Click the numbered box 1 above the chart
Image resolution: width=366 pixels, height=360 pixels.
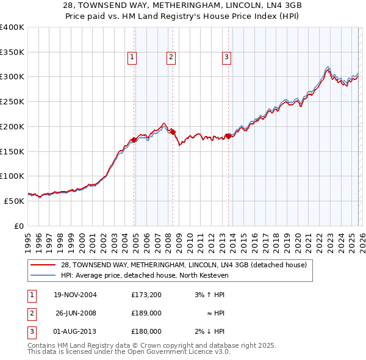[x=132, y=57]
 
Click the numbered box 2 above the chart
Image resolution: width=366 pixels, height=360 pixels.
[x=170, y=57]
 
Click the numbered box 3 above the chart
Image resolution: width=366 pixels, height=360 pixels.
[x=226, y=57]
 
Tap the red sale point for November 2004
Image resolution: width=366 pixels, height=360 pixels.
[x=134, y=140]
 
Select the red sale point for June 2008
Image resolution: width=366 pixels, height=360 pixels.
[x=173, y=131]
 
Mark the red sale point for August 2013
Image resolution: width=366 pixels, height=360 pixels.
[x=229, y=136]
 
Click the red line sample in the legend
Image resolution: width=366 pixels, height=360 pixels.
[x=44, y=265]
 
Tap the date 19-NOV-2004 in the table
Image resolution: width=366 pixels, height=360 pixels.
[x=75, y=295]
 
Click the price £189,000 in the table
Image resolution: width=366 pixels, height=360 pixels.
[x=146, y=314]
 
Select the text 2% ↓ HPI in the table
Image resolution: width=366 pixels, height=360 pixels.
[x=210, y=332]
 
